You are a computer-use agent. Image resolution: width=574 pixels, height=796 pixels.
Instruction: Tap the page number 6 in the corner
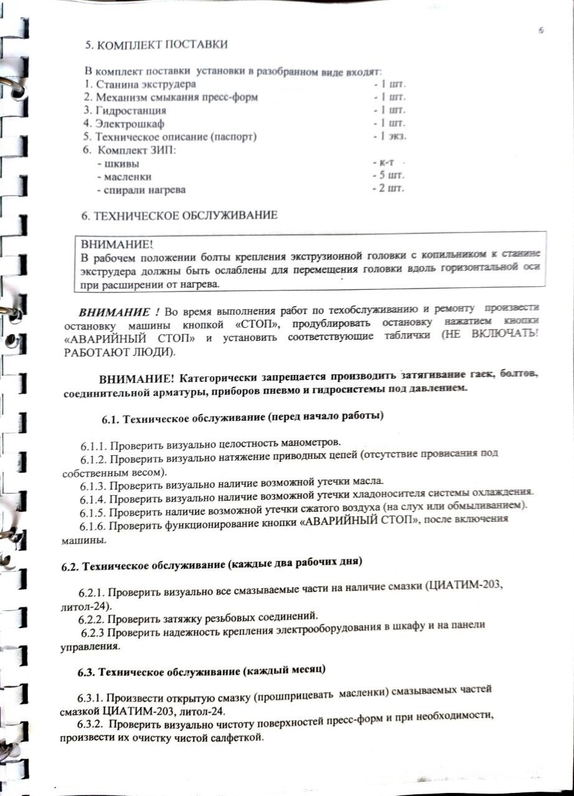coord(542,29)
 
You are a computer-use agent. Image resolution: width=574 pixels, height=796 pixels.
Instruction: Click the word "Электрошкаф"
coord(128,124)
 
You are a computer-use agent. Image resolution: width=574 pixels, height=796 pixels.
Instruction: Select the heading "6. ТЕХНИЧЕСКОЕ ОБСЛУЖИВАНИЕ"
coord(179,216)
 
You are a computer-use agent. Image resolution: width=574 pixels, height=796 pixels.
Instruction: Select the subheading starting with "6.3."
coord(202,672)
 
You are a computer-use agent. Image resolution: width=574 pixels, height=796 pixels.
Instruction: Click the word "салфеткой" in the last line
coord(242,738)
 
